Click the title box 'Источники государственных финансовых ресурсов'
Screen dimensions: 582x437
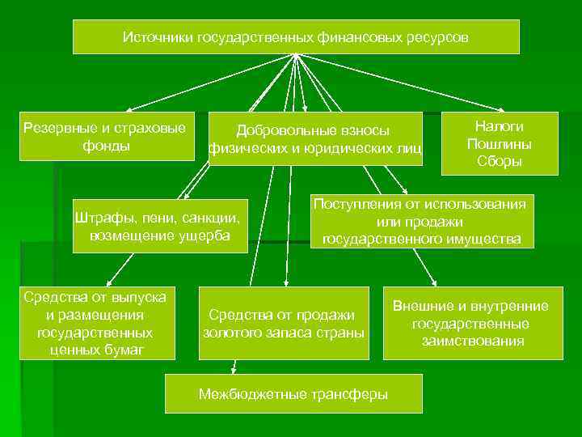tap(295, 37)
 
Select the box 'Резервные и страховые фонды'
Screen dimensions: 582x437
tap(108, 136)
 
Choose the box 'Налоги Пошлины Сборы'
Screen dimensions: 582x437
tap(499, 143)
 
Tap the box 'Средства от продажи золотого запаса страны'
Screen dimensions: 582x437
tap(283, 323)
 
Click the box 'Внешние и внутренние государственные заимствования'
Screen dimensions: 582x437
tap(472, 323)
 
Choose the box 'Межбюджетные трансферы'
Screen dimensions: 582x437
tap(293, 394)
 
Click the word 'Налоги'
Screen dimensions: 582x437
tap(499, 126)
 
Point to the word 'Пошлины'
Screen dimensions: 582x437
tap(499, 143)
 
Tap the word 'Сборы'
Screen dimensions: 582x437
tap(499, 161)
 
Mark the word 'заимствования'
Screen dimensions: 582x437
tap(472, 341)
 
